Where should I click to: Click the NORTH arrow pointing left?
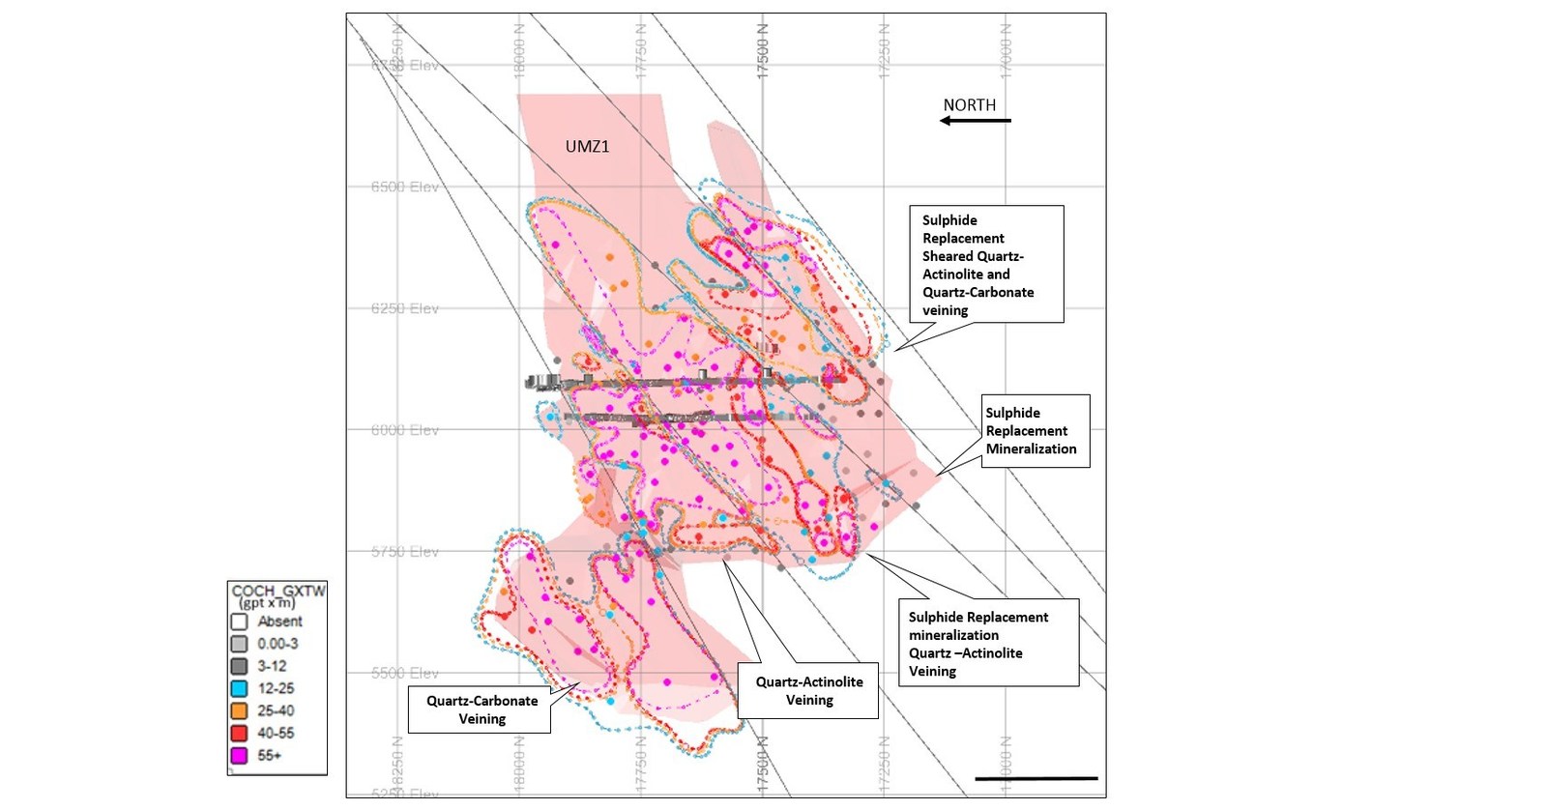[x=975, y=121]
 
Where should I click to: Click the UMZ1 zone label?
[x=587, y=147]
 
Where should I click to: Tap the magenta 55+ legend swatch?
[x=239, y=756]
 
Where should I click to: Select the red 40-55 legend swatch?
[x=239, y=734]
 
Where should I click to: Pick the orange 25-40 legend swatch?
[x=239, y=711]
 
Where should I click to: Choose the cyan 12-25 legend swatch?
[x=239, y=689]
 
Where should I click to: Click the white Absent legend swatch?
[x=239, y=622]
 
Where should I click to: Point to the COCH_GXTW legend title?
[x=277, y=591]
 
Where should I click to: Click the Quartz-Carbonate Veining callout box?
[x=482, y=709]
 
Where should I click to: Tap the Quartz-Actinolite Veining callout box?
[x=808, y=690]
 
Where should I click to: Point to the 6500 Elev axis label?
[x=404, y=187]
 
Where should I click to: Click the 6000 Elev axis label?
[x=404, y=430]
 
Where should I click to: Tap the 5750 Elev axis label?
[x=404, y=552]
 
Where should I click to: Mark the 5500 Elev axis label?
[x=404, y=673]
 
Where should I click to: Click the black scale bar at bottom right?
[x=1036, y=778]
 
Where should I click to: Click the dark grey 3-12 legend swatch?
[x=239, y=666]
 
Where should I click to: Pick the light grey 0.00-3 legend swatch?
[x=239, y=644]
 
